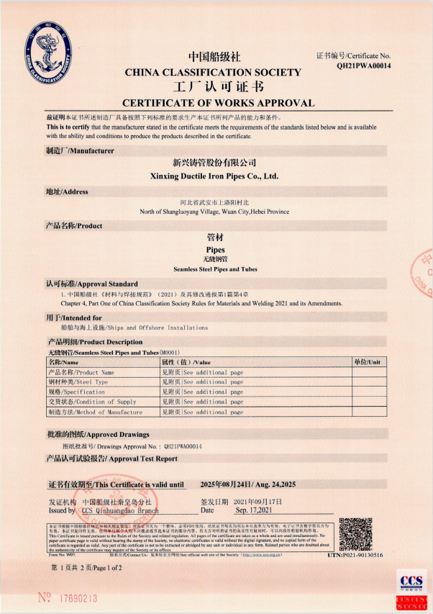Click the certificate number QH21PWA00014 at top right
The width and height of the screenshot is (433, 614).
[x=363, y=66]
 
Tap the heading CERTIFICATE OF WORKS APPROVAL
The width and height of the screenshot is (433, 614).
[x=218, y=103]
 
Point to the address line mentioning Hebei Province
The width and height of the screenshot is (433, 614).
[x=214, y=212]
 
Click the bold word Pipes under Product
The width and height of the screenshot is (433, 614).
[x=215, y=249]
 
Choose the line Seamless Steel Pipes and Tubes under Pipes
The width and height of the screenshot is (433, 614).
[x=215, y=269]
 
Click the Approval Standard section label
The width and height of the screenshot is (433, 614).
[x=92, y=284]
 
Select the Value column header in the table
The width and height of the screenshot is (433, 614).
[x=186, y=362]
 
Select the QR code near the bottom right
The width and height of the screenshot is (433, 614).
[x=355, y=534]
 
